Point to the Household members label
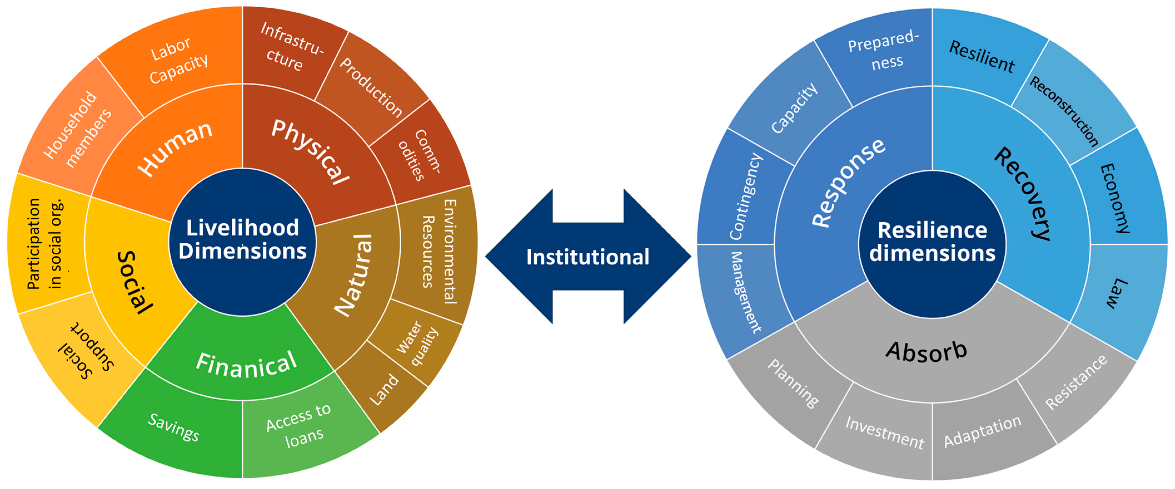coord(78,130)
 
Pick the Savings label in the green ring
coord(174,427)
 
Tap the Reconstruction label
coord(1064,111)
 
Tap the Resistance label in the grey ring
coord(1076,382)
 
